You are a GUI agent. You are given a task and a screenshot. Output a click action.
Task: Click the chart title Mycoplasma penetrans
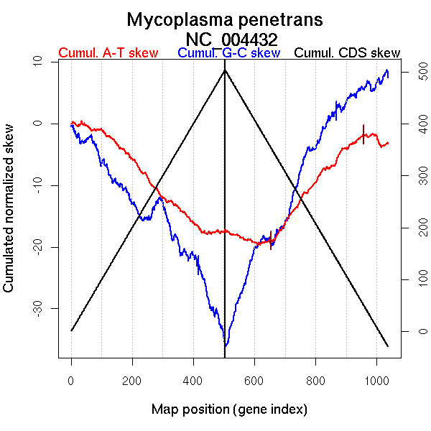pos(224,19)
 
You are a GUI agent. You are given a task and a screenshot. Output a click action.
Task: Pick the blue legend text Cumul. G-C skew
pos(228,53)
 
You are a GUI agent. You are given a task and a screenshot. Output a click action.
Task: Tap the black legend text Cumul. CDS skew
pos(348,53)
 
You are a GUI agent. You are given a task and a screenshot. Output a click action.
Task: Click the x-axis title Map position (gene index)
pos(229,409)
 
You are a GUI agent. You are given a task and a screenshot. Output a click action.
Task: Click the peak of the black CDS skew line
pos(225,70)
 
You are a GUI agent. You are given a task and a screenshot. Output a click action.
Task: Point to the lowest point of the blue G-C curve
pos(226,346)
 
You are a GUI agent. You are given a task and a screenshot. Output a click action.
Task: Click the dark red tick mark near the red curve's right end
pos(363,134)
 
